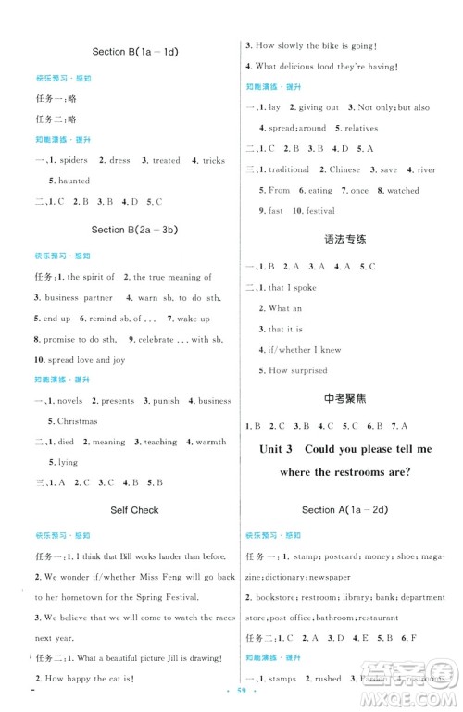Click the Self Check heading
coord(134,510)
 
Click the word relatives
coord(361,128)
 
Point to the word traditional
coord(288,170)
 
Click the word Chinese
coord(344,170)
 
